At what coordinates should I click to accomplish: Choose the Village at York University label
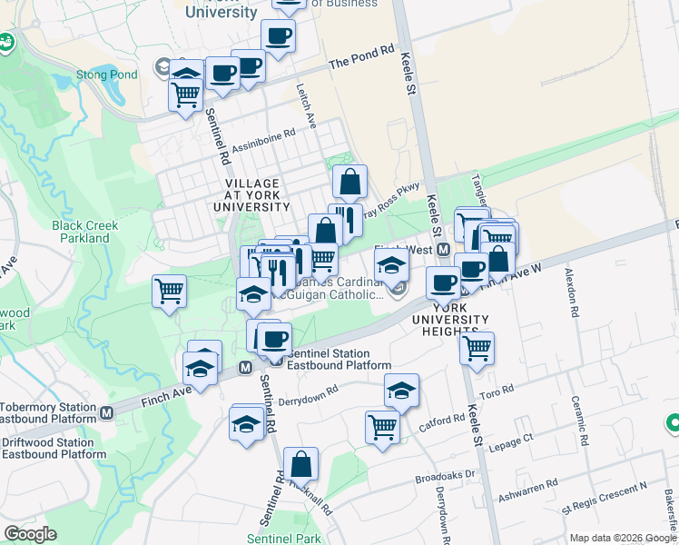click(251, 195)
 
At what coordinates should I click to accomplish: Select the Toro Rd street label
click(497, 391)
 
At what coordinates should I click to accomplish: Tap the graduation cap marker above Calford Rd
click(401, 391)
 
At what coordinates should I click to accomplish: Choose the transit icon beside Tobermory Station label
click(107, 413)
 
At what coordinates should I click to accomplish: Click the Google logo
click(31, 534)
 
